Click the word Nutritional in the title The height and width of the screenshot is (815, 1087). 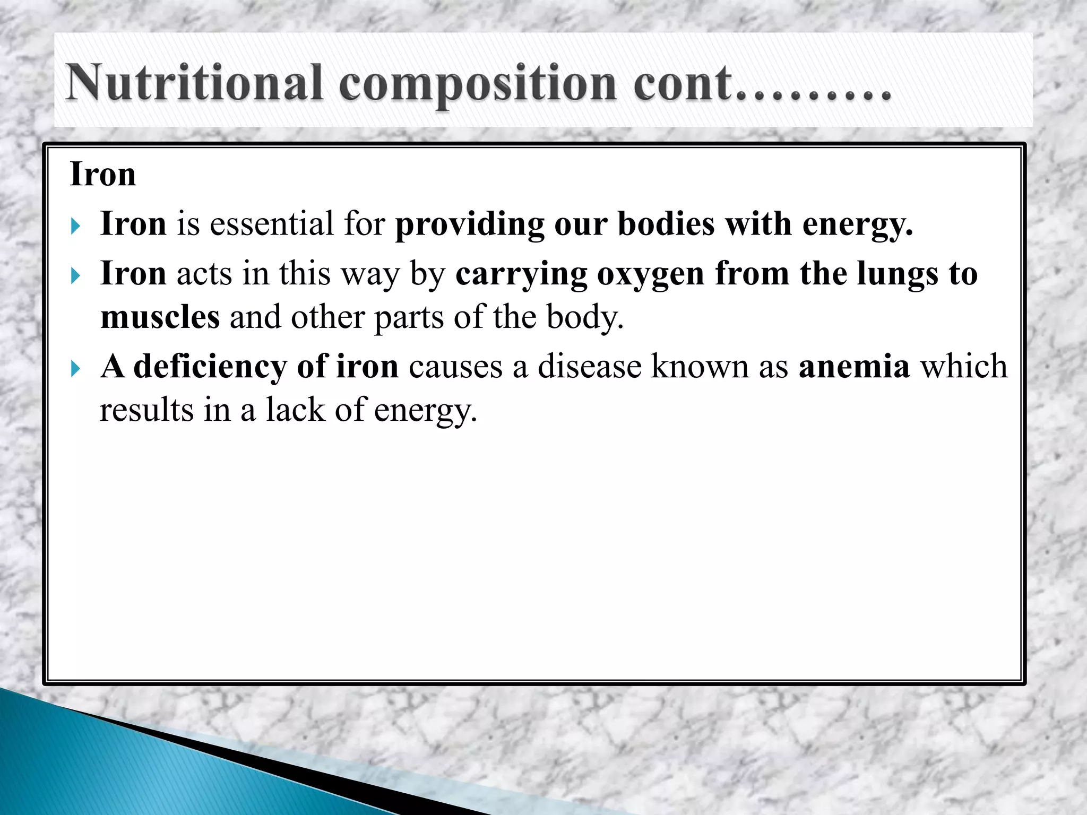click(x=194, y=82)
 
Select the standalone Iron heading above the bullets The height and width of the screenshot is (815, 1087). click(x=103, y=174)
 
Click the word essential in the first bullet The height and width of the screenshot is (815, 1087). click(x=272, y=223)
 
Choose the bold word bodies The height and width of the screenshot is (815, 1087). click(x=666, y=223)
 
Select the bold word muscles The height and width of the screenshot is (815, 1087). click(x=160, y=317)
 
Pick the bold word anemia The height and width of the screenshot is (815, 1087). click(x=854, y=366)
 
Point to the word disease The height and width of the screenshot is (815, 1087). click(x=590, y=366)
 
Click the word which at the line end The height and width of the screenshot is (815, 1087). click(x=963, y=366)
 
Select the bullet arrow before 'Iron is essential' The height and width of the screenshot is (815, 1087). click(x=75, y=227)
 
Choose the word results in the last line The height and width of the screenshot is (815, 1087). click(x=146, y=410)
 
